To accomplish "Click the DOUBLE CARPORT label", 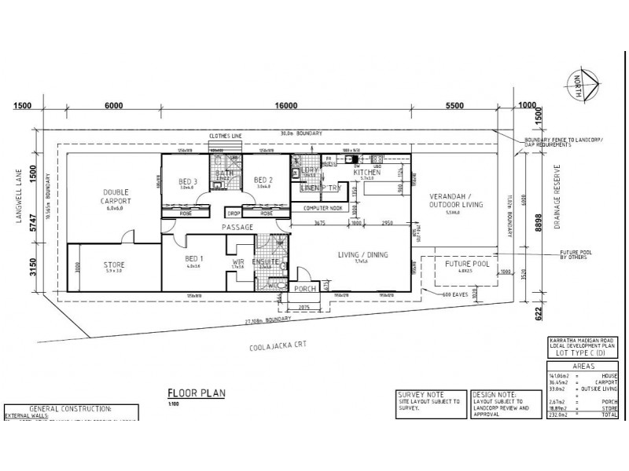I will pos(115,196).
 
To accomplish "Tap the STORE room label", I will pos(115,265).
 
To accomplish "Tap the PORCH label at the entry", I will pos(304,289).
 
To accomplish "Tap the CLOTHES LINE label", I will pos(224,135).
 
